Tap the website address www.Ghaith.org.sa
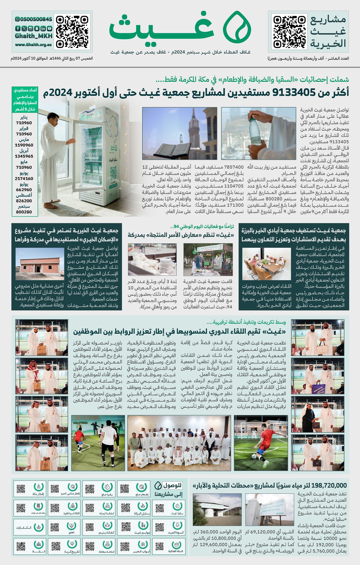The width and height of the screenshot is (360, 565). coord(34,45)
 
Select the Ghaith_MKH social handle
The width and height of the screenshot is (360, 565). coord(34,36)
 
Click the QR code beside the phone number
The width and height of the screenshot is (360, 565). coord(72,31)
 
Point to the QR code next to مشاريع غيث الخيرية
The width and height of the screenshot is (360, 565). coord(289,31)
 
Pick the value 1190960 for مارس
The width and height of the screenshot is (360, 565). coord(24,145)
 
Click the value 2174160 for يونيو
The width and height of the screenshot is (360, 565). coord(24,179)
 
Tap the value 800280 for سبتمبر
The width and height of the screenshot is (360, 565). coord(24,212)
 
